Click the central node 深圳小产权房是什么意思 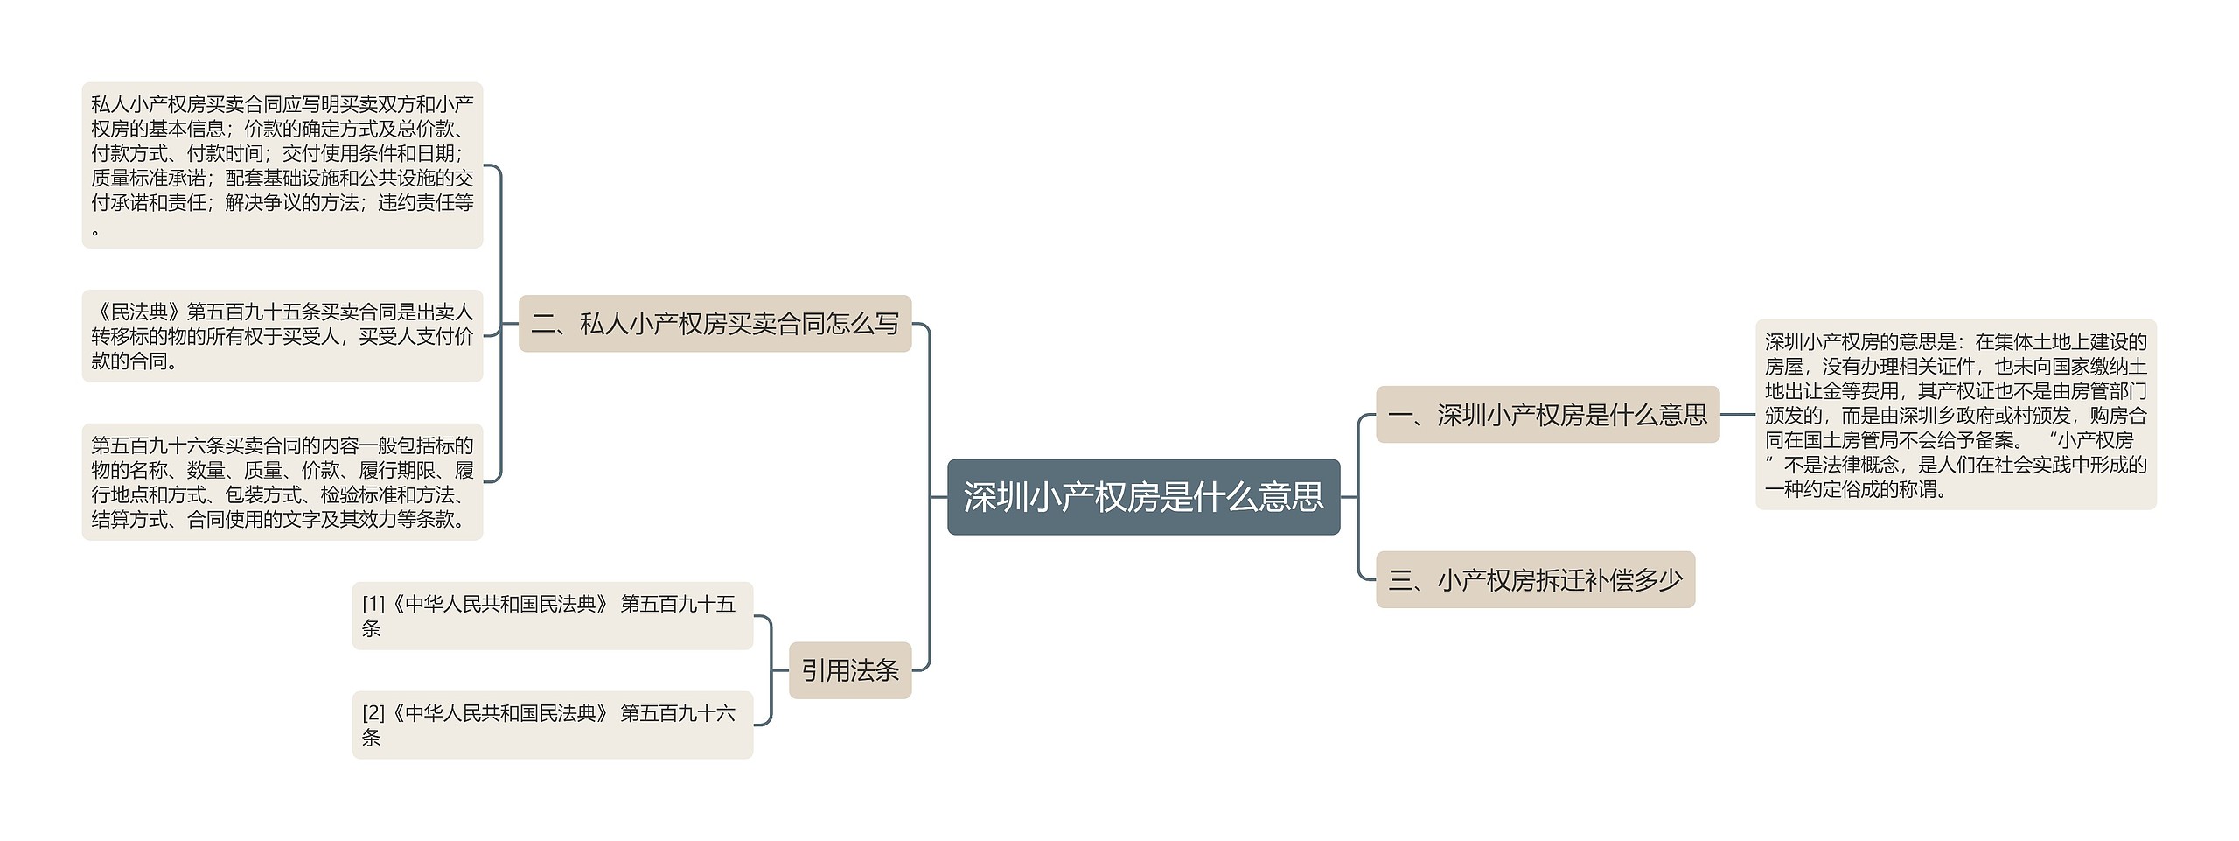click(1143, 497)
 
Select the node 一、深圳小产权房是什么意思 click(1547, 415)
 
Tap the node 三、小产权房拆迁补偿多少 click(1535, 580)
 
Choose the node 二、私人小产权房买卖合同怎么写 click(715, 324)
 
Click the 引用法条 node click(849, 670)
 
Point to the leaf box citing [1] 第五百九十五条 click(552, 616)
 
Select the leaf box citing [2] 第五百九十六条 click(552, 725)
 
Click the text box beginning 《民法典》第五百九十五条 click(282, 336)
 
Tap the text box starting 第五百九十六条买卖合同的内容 click(282, 482)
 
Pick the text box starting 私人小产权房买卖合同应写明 click(282, 165)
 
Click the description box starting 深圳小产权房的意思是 click(1955, 415)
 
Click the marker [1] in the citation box click(373, 604)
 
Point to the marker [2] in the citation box click(373, 713)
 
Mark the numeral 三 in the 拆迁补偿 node click(1400, 580)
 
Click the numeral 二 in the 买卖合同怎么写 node click(543, 324)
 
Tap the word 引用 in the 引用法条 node click(825, 670)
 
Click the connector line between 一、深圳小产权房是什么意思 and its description click(1737, 415)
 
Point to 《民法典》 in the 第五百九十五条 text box click(138, 312)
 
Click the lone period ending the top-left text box click(95, 232)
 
